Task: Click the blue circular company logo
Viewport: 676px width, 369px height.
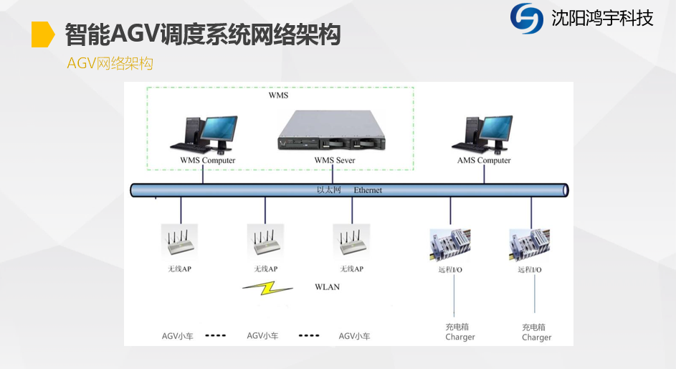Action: pos(526,18)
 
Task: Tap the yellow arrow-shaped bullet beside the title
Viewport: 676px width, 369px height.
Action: pos(43,34)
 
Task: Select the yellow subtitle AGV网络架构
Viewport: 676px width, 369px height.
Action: pos(110,63)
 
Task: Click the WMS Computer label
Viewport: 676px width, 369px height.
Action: pos(208,160)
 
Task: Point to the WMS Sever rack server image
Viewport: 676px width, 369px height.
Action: pos(331,131)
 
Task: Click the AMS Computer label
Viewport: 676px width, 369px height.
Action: pos(484,160)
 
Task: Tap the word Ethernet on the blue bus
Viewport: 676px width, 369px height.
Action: pos(368,190)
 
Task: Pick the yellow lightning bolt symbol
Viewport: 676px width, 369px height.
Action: pos(267,288)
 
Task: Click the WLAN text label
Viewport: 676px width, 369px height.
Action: pos(327,287)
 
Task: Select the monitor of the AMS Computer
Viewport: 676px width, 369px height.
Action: pos(496,129)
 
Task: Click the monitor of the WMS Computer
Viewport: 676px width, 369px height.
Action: pos(219,129)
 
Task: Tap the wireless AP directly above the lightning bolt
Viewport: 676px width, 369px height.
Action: pos(265,242)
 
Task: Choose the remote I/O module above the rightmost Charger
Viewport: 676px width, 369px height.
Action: pos(530,245)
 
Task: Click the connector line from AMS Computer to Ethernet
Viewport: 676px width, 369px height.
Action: pos(484,174)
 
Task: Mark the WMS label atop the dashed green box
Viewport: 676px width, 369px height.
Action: pos(279,95)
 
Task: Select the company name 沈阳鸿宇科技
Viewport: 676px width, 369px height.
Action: pos(602,19)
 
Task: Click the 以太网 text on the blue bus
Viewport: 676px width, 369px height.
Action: pos(329,190)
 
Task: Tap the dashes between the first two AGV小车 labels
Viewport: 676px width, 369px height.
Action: pos(216,335)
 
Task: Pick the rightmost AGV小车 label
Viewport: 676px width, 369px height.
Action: pos(354,336)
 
